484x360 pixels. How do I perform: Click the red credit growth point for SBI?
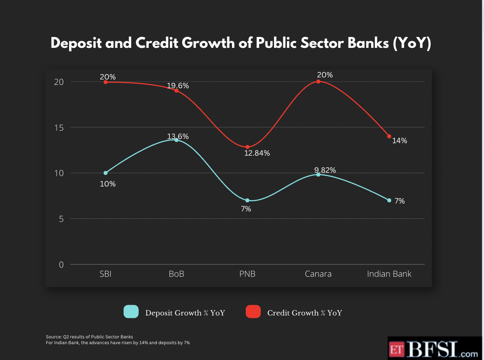tap(105, 82)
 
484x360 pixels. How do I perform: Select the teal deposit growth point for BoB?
tap(176, 140)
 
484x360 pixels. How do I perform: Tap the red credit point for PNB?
tap(247, 147)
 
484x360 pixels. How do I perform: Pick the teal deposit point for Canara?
tap(318, 174)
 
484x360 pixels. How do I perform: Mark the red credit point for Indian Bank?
tap(389, 136)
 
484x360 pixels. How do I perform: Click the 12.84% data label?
tap(257, 153)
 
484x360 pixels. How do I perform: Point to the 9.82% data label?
tap(324, 170)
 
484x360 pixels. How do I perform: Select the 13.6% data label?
tap(178, 136)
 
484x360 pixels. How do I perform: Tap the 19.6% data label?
tap(178, 86)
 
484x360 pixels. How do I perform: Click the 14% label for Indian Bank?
tap(399, 141)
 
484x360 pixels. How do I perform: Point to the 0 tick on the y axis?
tap(61, 265)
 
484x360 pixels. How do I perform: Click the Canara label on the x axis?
tap(318, 274)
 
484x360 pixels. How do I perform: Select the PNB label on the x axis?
tap(247, 274)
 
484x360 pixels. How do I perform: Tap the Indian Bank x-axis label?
tap(389, 274)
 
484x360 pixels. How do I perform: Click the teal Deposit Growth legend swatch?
tap(131, 312)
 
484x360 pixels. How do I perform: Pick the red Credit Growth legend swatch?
tap(253, 312)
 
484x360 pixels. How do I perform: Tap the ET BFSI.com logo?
tap(435, 349)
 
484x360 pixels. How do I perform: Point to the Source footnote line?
tap(90, 336)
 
